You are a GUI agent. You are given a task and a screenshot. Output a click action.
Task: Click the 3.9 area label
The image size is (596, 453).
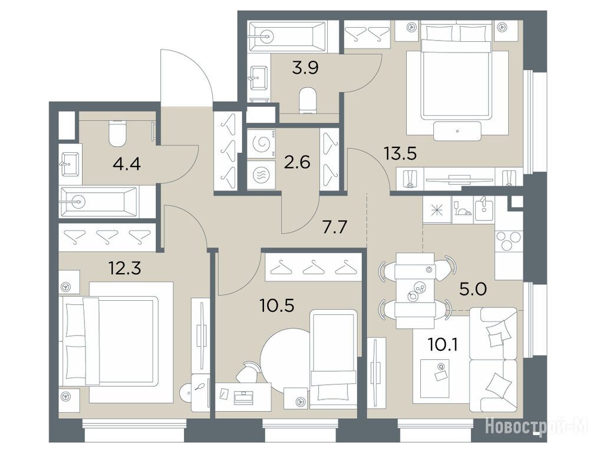point(305,68)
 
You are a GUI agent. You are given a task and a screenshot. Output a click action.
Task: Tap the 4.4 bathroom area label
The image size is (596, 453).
point(127,165)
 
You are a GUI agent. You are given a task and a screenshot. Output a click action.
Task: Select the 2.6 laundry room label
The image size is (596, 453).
point(298,162)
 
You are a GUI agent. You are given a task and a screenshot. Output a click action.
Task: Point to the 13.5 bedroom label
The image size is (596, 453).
point(400,154)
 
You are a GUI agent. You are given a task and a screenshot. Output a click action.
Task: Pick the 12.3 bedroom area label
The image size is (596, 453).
point(125,268)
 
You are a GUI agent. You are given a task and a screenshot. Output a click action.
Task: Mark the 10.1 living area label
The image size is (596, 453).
point(443,344)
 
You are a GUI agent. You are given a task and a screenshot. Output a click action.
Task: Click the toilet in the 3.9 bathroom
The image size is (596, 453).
point(308,100)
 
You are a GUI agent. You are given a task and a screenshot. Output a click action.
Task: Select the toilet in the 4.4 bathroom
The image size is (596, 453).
point(117,133)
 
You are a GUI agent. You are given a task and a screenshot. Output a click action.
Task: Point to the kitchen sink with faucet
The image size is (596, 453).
point(484,211)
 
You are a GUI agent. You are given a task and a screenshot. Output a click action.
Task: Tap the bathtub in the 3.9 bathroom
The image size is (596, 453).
point(287,37)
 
